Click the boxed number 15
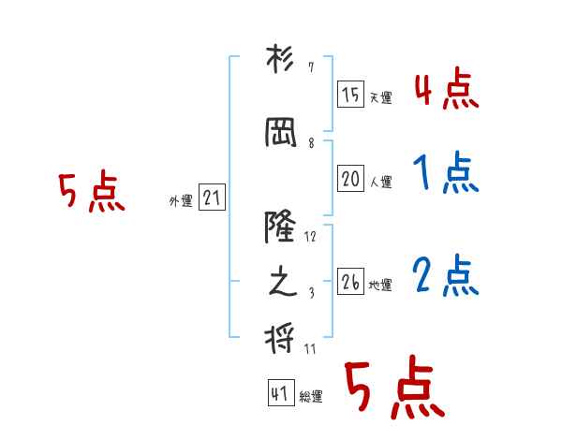click(350, 94)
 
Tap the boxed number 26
click(350, 281)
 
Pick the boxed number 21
click(212, 198)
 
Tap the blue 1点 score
click(445, 172)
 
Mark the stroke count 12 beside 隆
click(310, 237)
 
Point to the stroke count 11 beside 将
click(310, 348)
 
